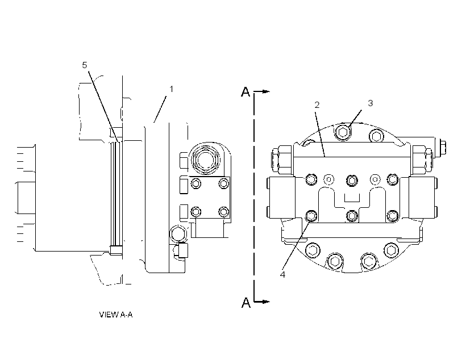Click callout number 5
[x=85, y=65]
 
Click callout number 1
[x=171, y=89]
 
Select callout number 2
[x=317, y=105]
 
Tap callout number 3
[x=371, y=103]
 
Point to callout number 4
[x=282, y=274]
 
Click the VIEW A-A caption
[x=116, y=315]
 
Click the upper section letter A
[x=246, y=92]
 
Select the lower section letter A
[x=246, y=303]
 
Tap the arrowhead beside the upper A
[x=267, y=91]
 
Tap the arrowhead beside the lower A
[x=267, y=302]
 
